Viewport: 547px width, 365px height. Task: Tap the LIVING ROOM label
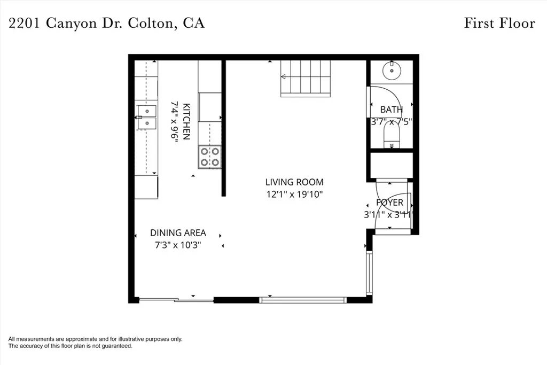(294, 182)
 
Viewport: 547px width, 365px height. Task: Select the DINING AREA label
(178, 233)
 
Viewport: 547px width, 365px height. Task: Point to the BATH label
(391, 110)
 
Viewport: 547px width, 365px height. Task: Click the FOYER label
(389, 203)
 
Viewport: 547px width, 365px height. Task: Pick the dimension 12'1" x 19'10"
(294, 195)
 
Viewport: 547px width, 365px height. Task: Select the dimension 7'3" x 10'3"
(177, 245)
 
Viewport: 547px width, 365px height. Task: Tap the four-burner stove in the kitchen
(209, 157)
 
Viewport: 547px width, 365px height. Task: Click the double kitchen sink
(146, 117)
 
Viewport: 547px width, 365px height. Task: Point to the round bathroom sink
(392, 70)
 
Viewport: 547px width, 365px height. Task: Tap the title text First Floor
(499, 23)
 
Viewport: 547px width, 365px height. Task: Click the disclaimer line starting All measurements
(95, 339)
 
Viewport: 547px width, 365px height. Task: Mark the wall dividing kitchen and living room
(224, 128)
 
